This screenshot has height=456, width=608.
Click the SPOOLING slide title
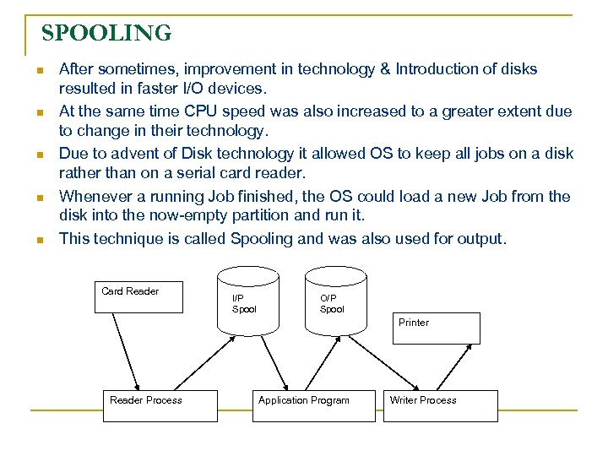pyautogui.click(x=106, y=33)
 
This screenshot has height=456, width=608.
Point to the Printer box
pyautogui.click(x=435, y=328)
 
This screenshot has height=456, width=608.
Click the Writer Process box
pyautogui.click(x=439, y=405)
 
